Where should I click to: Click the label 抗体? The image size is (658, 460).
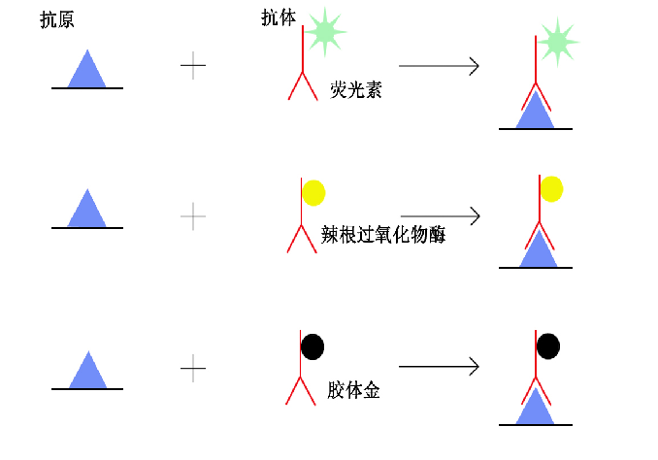click(278, 18)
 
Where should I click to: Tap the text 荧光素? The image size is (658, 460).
click(355, 90)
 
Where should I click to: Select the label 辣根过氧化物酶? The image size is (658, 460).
click(382, 234)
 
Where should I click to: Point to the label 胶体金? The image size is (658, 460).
click(353, 390)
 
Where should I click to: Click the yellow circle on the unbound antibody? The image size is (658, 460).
click(313, 192)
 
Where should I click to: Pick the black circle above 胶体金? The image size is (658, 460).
click(313, 345)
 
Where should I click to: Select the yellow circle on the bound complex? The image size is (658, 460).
click(551, 188)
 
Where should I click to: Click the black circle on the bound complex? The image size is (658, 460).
click(548, 345)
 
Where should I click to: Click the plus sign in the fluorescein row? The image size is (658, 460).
click(193, 67)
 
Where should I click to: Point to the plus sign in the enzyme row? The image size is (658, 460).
click(193, 215)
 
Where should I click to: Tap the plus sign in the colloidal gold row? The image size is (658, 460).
click(193, 367)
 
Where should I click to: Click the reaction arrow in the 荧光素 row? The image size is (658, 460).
click(439, 66)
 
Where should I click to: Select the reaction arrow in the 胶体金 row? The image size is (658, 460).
click(439, 367)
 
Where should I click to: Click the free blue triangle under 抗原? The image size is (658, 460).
click(87, 70)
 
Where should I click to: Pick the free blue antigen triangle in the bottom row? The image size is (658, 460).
click(87, 371)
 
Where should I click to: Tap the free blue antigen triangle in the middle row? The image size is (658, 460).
click(87, 210)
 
